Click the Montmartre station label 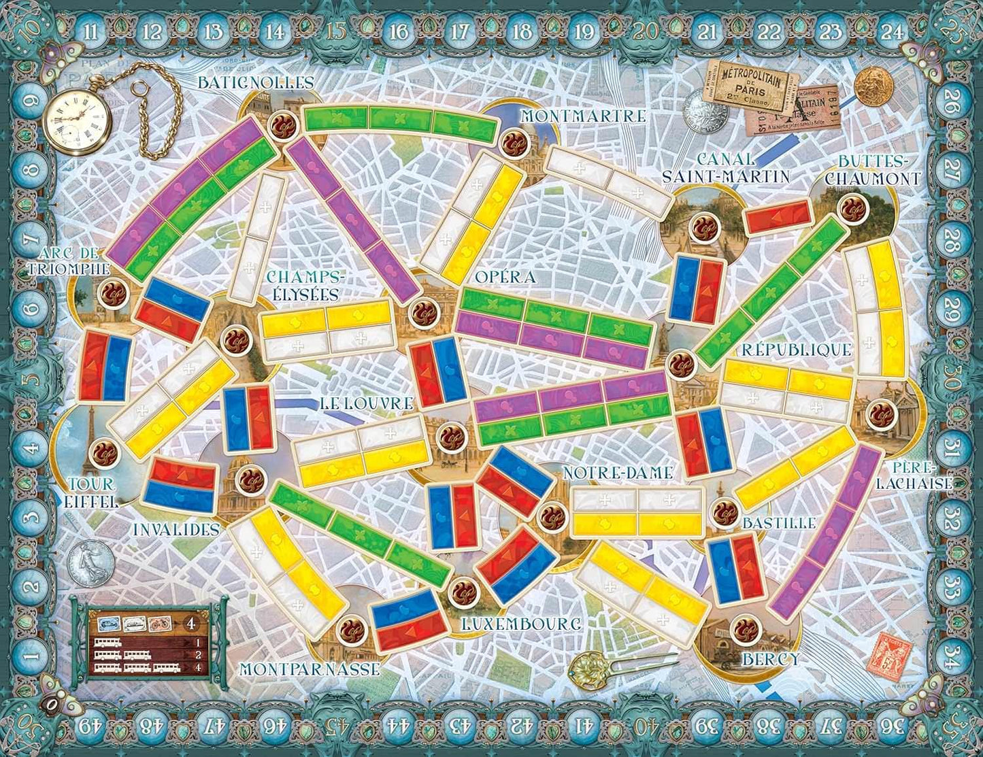coord(582,116)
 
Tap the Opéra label coord(505,277)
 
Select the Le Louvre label coord(366,403)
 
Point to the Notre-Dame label coord(618,473)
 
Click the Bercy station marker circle coord(744,630)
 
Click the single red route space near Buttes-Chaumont coord(778,217)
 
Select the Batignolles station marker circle coord(280,124)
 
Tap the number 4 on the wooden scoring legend coord(191,622)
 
